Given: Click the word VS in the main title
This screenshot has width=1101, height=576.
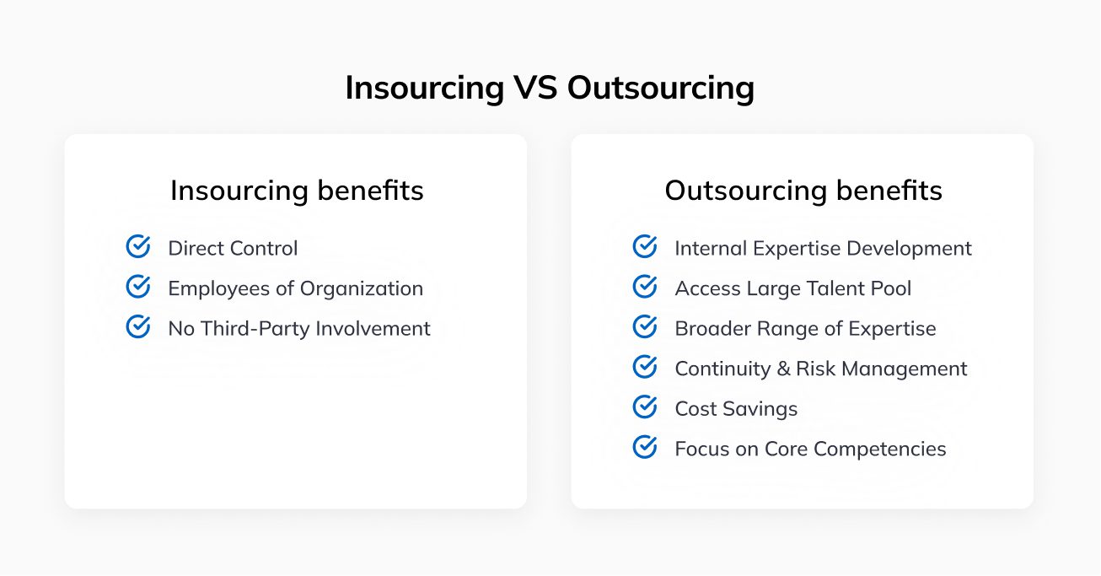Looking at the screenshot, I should pyautogui.click(x=535, y=88).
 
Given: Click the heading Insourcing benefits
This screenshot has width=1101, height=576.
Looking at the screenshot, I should pyautogui.click(x=297, y=191).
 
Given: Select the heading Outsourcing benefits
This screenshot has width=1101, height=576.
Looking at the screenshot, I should pyautogui.click(x=803, y=191).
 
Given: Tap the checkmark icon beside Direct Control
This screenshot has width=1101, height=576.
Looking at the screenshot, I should pyautogui.click(x=138, y=247).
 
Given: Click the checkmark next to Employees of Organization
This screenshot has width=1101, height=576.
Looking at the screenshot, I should pyautogui.click(x=138, y=287).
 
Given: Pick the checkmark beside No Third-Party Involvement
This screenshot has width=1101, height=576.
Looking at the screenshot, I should pyautogui.click(x=138, y=327).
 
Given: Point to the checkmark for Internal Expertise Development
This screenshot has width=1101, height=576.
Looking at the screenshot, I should pyautogui.click(x=645, y=247).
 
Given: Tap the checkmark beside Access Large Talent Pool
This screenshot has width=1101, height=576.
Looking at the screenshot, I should pyautogui.click(x=645, y=287).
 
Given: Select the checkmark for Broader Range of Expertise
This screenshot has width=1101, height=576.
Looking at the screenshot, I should pyautogui.click(x=645, y=327).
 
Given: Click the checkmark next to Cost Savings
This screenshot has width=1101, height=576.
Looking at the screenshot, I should pyautogui.click(x=645, y=407).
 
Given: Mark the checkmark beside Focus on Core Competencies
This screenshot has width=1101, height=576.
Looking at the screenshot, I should pyautogui.click(x=645, y=447).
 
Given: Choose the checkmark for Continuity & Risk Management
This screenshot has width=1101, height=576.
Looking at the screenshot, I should pyautogui.click(x=645, y=367).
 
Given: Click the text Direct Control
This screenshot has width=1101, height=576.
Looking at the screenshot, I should pyautogui.click(x=233, y=248).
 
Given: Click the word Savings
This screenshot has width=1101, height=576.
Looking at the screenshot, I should pyautogui.click(x=760, y=409).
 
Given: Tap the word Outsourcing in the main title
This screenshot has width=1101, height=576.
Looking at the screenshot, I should pyautogui.click(x=661, y=88).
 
